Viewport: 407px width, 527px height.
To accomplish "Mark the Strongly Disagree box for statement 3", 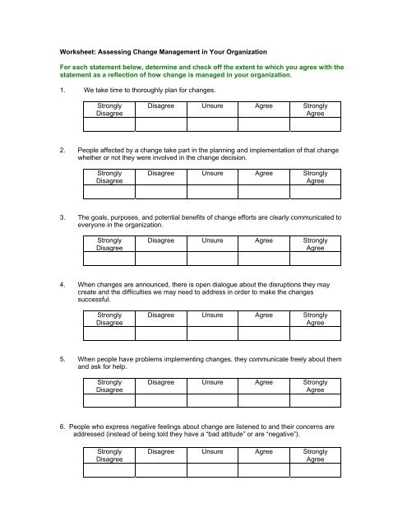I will [x=109, y=259].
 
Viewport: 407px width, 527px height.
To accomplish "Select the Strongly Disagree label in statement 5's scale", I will [x=109, y=387].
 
